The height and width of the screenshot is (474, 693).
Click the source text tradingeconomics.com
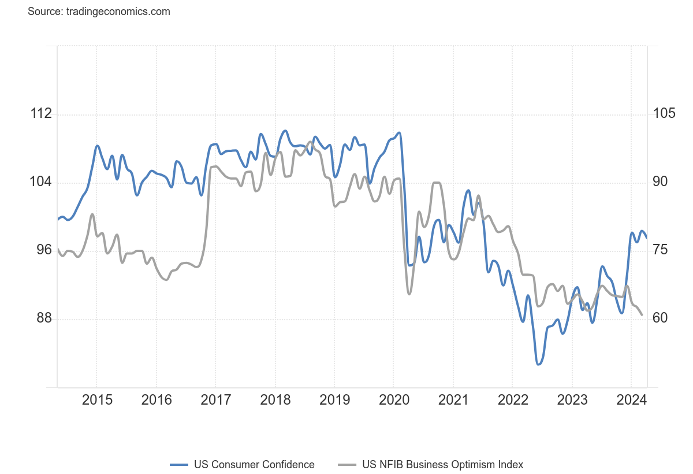tap(99, 12)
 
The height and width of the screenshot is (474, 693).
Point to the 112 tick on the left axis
tap(41, 114)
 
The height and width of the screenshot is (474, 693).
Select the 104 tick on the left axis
tap(41, 182)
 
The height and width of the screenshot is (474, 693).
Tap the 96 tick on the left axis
tap(41, 250)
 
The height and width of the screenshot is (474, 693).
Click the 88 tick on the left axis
tap(41, 319)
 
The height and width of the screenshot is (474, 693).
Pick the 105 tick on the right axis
tap(664, 114)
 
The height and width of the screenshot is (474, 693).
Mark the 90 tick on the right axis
tap(664, 182)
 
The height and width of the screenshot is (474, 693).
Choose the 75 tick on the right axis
tap(664, 250)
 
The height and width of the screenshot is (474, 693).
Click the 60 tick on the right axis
tap(664, 319)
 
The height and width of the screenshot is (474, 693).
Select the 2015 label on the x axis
tap(96, 400)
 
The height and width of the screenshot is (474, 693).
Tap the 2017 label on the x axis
tap(215, 400)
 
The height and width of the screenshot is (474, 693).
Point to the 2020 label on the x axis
tap(394, 400)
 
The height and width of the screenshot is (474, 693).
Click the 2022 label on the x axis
tap(513, 400)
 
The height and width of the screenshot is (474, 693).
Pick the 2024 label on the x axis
tap(631, 400)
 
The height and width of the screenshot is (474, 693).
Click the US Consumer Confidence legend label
tap(254, 465)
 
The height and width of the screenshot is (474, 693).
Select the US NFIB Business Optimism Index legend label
tap(442, 465)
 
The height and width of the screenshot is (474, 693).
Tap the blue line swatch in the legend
tap(180, 465)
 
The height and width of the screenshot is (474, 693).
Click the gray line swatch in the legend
tap(347, 465)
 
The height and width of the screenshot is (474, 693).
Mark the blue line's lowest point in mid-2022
tap(539, 364)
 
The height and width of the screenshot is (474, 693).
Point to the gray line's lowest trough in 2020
tap(409, 294)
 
